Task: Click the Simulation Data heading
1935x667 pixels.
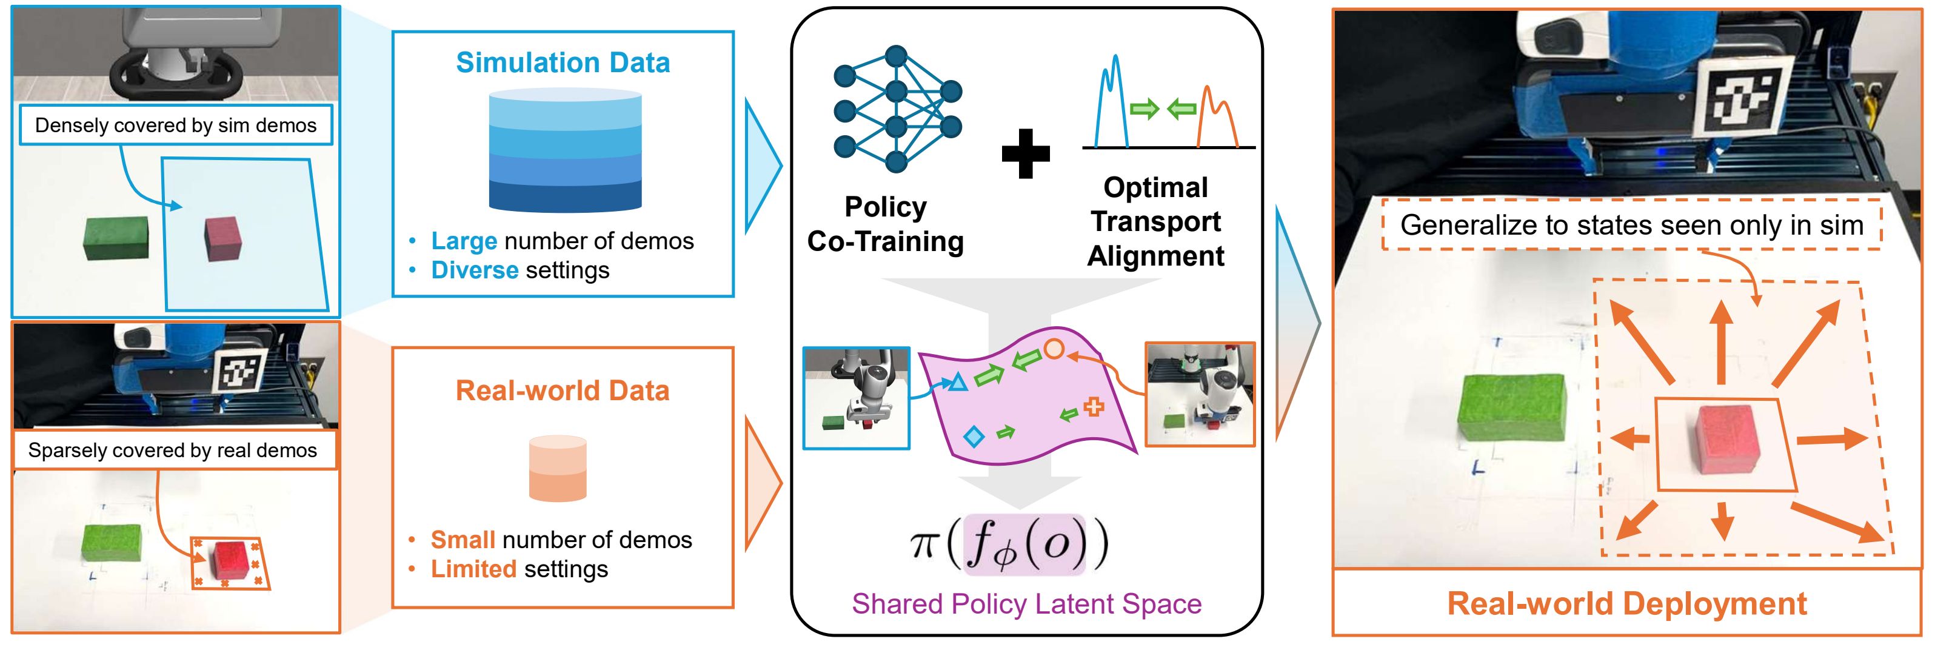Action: pyautogui.click(x=563, y=62)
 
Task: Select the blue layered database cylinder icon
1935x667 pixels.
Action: pyautogui.click(x=565, y=150)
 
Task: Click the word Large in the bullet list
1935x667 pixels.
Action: pyautogui.click(x=464, y=241)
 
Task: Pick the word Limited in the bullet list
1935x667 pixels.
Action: pyautogui.click(x=473, y=569)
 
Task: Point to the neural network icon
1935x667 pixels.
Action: pyautogui.click(x=896, y=109)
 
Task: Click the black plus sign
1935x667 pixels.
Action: pyautogui.click(x=1025, y=153)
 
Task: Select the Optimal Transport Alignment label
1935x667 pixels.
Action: pyautogui.click(x=1155, y=221)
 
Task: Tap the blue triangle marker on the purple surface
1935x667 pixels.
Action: pyautogui.click(x=957, y=383)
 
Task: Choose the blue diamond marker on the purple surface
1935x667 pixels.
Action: pyautogui.click(x=974, y=437)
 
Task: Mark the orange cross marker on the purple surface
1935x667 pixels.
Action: pyautogui.click(x=1094, y=406)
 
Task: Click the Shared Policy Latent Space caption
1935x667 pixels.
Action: pyautogui.click(x=1026, y=604)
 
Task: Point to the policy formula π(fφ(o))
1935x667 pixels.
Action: pyautogui.click(x=1009, y=545)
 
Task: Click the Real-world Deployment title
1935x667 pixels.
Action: pyautogui.click(x=1626, y=604)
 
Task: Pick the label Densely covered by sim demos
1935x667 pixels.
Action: pyautogui.click(x=175, y=126)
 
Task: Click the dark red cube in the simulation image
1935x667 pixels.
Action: pyautogui.click(x=223, y=239)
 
